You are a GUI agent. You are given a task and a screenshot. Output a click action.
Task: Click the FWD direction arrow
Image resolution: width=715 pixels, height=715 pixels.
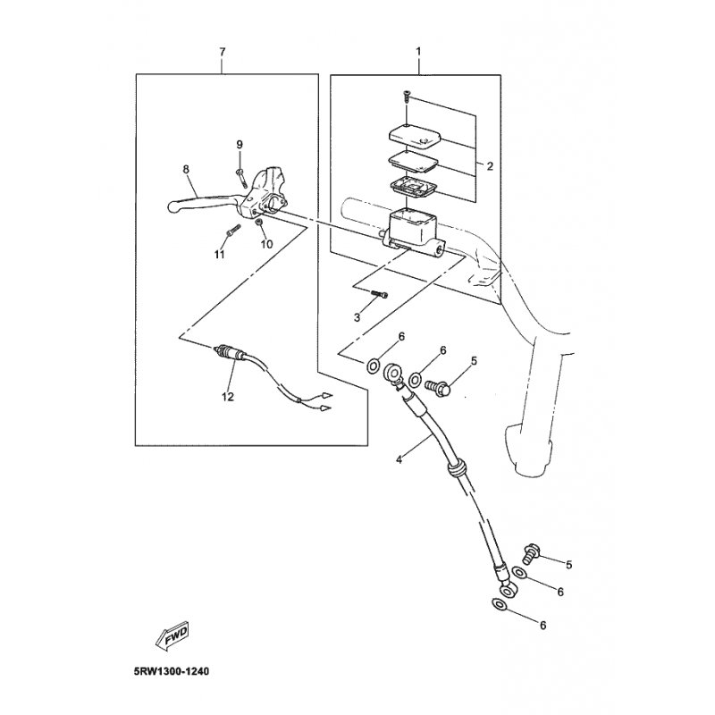[172, 635]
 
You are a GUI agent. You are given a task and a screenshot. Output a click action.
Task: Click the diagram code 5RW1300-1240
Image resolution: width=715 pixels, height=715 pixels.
[172, 672]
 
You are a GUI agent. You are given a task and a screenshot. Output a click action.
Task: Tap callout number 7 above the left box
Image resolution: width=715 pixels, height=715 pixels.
[222, 52]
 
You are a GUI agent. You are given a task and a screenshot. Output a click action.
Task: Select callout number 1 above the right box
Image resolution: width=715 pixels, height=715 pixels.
[418, 52]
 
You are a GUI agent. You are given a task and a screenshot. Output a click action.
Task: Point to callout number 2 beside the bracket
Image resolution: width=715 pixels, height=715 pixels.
[490, 166]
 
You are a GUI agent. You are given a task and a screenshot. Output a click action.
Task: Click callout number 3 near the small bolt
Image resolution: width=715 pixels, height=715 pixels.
[357, 317]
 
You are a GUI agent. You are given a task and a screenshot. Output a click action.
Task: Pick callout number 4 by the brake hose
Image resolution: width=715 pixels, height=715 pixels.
[399, 459]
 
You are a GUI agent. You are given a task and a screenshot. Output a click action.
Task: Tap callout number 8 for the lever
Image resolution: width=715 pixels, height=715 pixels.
[186, 170]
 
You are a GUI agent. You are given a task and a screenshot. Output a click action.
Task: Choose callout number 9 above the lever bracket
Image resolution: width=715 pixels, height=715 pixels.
[240, 145]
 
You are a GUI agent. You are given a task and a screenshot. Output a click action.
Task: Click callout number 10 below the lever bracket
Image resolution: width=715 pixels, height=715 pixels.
[266, 244]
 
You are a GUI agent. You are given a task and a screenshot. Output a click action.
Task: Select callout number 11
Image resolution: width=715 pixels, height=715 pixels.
[219, 254]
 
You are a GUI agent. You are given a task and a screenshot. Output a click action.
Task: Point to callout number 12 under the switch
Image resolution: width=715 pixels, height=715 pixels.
[228, 397]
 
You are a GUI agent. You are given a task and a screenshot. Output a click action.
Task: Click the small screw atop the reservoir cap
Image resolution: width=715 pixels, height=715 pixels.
[407, 97]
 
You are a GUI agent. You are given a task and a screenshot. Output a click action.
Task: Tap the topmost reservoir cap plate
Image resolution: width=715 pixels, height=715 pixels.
[414, 135]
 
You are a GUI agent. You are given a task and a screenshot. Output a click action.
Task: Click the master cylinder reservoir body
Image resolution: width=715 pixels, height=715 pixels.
[413, 231]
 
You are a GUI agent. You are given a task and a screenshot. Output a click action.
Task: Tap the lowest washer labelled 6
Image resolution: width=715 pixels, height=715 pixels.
[500, 605]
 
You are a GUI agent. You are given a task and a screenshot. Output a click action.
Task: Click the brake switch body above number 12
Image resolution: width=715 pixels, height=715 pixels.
[231, 354]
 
